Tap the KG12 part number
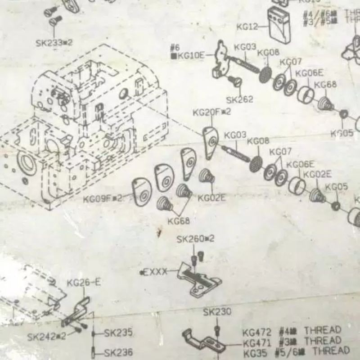[247, 27]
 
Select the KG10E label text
[190, 55]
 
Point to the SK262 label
[239, 99]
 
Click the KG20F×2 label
[211, 112]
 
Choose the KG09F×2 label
[103, 198]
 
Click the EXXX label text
[155, 272]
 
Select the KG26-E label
[84, 283]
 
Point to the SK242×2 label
[46, 336]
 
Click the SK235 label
[118, 333]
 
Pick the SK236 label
[118, 352]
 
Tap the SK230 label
[217, 311]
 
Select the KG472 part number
[257, 333]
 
